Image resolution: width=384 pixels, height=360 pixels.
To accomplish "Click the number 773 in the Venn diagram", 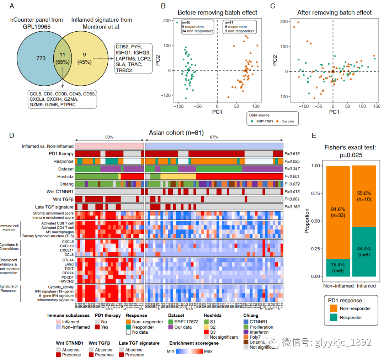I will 41,58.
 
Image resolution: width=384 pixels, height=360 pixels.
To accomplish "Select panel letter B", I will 163,6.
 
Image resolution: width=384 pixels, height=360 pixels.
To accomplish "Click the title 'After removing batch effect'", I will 334,13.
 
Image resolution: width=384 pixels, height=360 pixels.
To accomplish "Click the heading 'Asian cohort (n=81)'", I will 176,132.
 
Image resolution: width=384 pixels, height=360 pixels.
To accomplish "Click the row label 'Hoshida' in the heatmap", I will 65,176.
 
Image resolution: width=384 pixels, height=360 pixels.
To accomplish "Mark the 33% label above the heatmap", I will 110,137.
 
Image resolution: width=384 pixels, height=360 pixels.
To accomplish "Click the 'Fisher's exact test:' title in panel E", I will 350,148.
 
